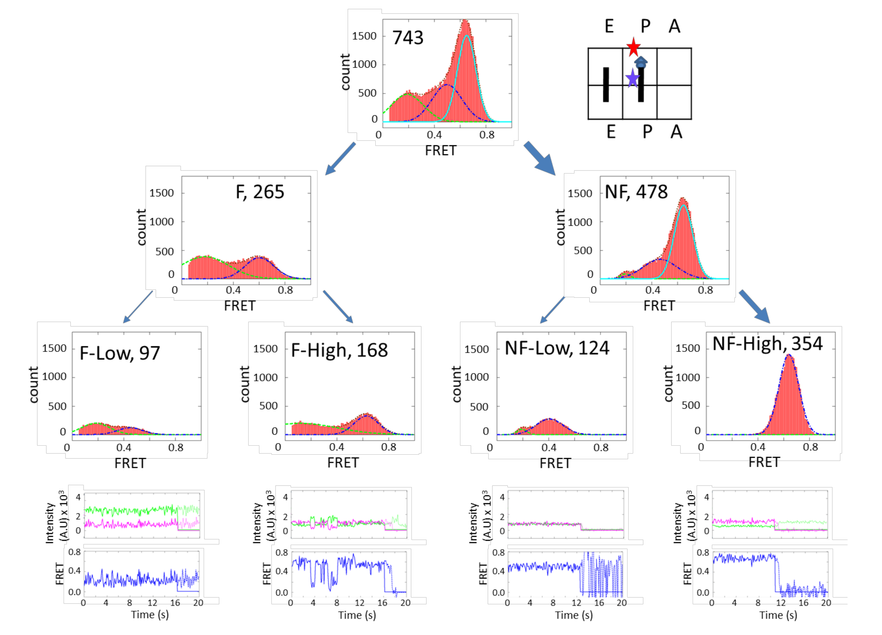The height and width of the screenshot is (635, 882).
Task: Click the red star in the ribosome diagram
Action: pyautogui.click(x=634, y=47)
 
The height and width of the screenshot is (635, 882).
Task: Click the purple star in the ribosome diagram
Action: pyautogui.click(x=633, y=78)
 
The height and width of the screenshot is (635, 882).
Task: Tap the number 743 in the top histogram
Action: pyautogui.click(x=408, y=38)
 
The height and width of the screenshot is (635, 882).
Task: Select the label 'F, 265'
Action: pyautogui.click(x=260, y=192)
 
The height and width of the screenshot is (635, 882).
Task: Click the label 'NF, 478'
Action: pyautogui.click(x=636, y=192)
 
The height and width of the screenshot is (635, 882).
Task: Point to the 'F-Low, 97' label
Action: pyautogui.click(x=120, y=353)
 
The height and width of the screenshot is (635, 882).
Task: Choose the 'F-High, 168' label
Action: pyautogui.click(x=339, y=350)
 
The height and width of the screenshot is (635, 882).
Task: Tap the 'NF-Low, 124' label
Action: pyautogui.click(x=556, y=348)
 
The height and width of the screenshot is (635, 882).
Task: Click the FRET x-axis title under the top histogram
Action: pyautogui.click(x=440, y=151)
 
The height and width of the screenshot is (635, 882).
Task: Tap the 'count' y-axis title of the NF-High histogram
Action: pyautogui.click(x=668, y=384)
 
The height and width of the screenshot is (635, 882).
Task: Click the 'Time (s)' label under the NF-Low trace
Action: pyautogui.click(x=574, y=615)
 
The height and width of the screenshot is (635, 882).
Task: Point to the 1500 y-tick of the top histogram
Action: pyautogui.click(x=364, y=36)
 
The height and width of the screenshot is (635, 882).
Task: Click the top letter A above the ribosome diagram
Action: pyautogui.click(x=675, y=26)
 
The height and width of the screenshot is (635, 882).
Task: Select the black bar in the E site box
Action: pyautogui.click(x=605, y=84)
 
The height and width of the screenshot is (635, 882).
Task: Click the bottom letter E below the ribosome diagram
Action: pyautogui.click(x=611, y=132)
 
